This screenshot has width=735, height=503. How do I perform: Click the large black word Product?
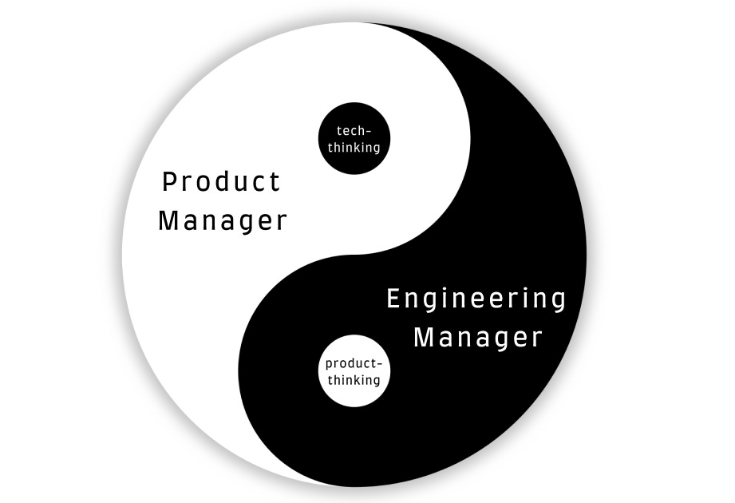tap(222, 181)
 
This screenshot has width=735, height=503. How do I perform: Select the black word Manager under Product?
tap(222, 220)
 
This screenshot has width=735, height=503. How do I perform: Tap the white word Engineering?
tap(476, 299)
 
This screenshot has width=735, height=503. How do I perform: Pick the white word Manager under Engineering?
tap(478, 337)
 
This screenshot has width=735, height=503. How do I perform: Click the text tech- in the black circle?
tap(354, 130)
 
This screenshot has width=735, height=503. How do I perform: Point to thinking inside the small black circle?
tap(354, 147)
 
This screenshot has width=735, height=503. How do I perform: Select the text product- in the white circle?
tap(354, 364)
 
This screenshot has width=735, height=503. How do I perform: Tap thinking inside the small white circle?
tap(354, 380)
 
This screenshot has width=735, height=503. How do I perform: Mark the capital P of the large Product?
tap(169, 181)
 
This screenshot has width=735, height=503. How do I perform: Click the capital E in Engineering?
tap(393, 299)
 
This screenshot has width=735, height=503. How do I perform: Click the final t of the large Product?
tap(275, 181)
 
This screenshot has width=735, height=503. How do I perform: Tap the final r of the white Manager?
tap(537, 339)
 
